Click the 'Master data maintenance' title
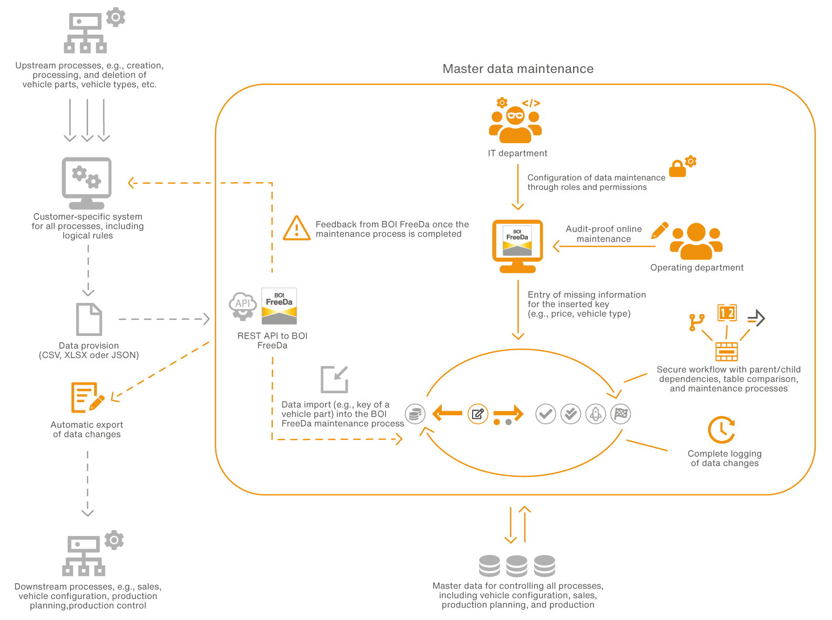(x=518, y=69)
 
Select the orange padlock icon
(x=677, y=169)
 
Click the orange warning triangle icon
(x=297, y=228)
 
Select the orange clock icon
(x=721, y=430)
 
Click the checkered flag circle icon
(x=621, y=414)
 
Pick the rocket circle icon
(x=596, y=414)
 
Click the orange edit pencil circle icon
(x=478, y=414)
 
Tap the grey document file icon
(x=89, y=319)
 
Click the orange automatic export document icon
(x=86, y=397)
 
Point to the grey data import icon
(x=335, y=379)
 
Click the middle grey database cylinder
(x=517, y=566)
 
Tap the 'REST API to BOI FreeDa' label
(x=272, y=340)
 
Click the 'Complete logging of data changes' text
(x=724, y=458)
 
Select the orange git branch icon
(x=696, y=322)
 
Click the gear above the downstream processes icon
(x=114, y=540)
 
